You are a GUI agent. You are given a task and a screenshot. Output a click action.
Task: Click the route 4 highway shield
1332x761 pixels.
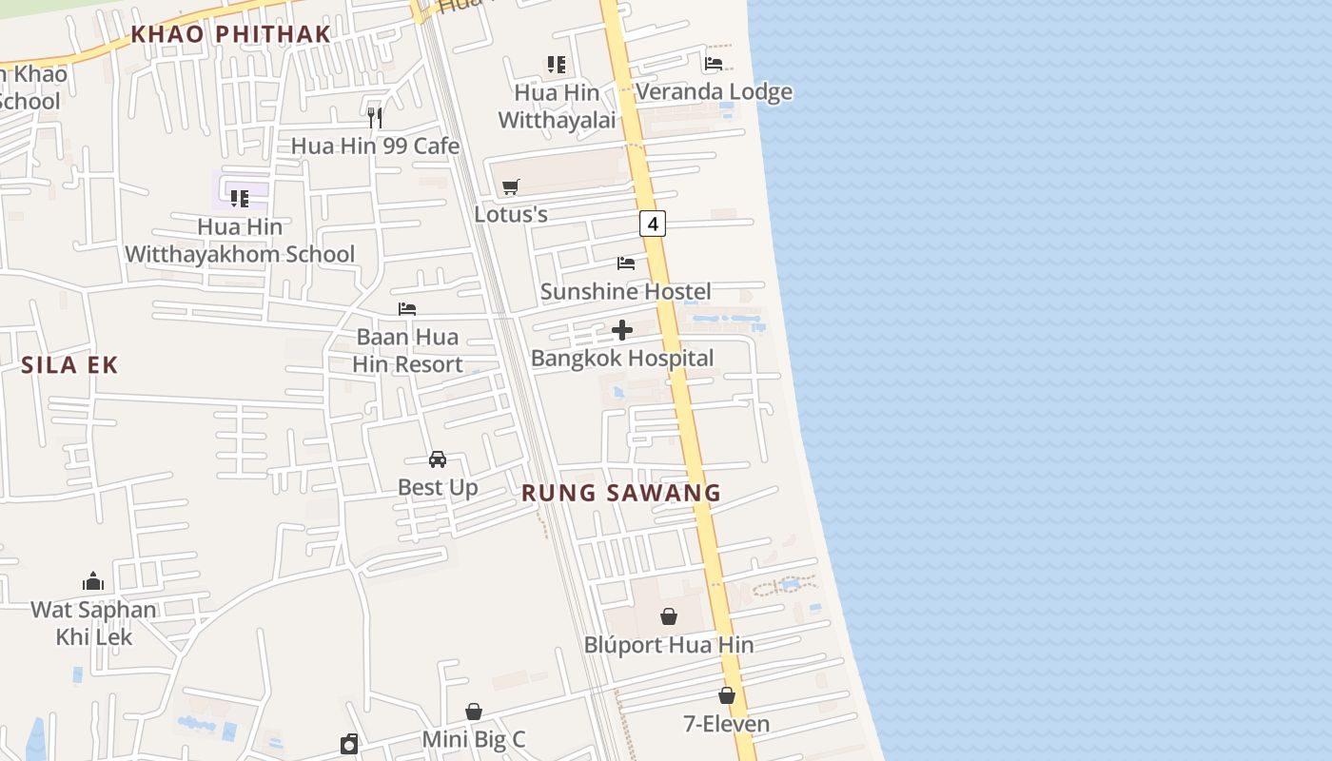point(652,224)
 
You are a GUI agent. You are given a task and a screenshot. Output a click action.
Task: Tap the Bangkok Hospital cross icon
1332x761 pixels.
point(622,330)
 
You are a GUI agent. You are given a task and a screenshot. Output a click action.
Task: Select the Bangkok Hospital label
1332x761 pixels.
point(622,359)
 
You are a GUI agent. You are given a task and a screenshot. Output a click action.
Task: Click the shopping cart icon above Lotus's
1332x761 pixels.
point(511,186)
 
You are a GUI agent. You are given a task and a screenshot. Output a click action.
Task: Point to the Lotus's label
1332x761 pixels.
point(511,214)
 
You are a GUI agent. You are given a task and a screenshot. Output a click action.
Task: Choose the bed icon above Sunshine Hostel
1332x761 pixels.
point(626,263)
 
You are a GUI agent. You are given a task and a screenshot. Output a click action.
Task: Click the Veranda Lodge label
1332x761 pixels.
point(714,92)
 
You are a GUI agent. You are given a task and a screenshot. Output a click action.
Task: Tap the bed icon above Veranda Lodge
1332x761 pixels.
point(714,64)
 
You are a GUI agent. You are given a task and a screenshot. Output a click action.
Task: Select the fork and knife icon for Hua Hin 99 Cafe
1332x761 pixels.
point(375,118)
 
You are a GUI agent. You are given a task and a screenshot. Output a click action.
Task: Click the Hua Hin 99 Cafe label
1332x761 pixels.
point(375,146)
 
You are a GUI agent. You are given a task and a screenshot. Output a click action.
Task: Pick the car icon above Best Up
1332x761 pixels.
point(438,459)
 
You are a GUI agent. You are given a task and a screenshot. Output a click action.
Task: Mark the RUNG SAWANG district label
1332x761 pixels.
point(621,493)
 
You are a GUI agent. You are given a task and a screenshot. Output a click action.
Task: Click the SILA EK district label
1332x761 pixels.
point(69,365)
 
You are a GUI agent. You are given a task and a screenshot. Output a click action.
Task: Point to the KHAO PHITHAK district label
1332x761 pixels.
point(231,34)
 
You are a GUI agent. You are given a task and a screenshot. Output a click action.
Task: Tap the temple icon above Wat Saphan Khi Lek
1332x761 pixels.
point(93,581)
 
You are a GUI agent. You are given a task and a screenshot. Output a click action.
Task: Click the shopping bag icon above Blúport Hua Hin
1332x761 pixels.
point(669,616)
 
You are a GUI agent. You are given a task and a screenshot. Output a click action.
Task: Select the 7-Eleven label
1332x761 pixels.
point(727,724)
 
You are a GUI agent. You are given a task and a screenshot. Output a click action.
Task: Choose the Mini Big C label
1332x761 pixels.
point(474,739)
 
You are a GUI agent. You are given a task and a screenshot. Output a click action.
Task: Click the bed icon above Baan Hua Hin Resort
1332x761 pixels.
point(407,309)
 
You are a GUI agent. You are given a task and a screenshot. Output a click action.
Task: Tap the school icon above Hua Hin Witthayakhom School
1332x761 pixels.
point(240,199)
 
